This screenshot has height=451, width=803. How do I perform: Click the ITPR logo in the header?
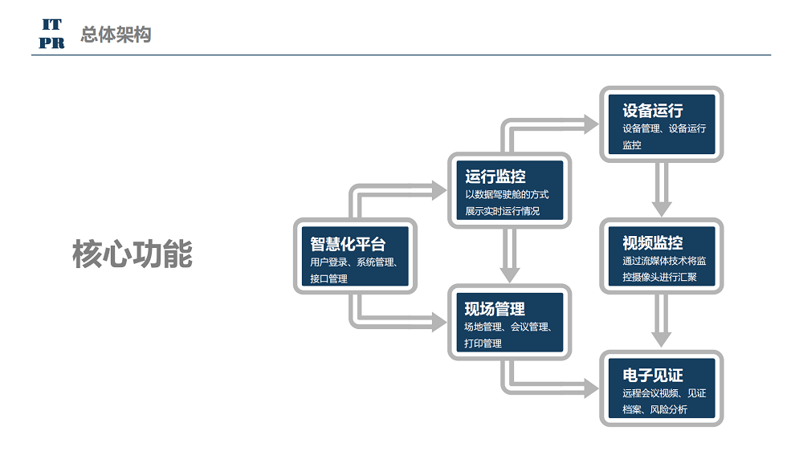click(x=51, y=34)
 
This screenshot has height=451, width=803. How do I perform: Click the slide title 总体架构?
click(x=116, y=35)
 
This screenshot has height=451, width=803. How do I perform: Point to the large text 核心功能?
click(x=132, y=254)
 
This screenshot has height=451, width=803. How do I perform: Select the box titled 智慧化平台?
click(x=355, y=256)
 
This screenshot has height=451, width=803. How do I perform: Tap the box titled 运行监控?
click(x=509, y=190)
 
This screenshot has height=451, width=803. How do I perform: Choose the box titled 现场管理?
click(x=509, y=322)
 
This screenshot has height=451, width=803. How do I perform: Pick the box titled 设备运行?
click(x=661, y=124)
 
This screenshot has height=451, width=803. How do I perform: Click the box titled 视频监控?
click(x=661, y=256)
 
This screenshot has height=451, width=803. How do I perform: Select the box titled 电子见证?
click(x=661, y=388)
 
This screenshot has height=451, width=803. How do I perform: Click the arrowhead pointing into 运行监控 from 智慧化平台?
click(x=439, y=190)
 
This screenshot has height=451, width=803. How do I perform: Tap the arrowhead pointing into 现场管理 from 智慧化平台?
click(x=439, y=322)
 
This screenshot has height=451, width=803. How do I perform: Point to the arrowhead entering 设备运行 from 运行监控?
click(x=592, y=124)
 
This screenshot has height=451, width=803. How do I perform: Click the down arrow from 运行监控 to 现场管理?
click(x=509, y=255)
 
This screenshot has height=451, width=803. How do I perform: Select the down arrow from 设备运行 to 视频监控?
click(x=661, y=189)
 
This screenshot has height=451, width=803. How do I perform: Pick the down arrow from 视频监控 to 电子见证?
click(x=661, y=322)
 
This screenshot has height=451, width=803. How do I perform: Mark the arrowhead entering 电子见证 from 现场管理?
click(x=592, y=388)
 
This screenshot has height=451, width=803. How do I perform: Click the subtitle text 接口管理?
click(x=328, y=278)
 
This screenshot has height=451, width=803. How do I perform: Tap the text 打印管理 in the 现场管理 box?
click(x=483, y=343)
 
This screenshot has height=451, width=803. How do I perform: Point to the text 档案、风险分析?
click(x=655, y=409)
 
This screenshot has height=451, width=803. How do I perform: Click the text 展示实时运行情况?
click(x=503, y=211)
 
